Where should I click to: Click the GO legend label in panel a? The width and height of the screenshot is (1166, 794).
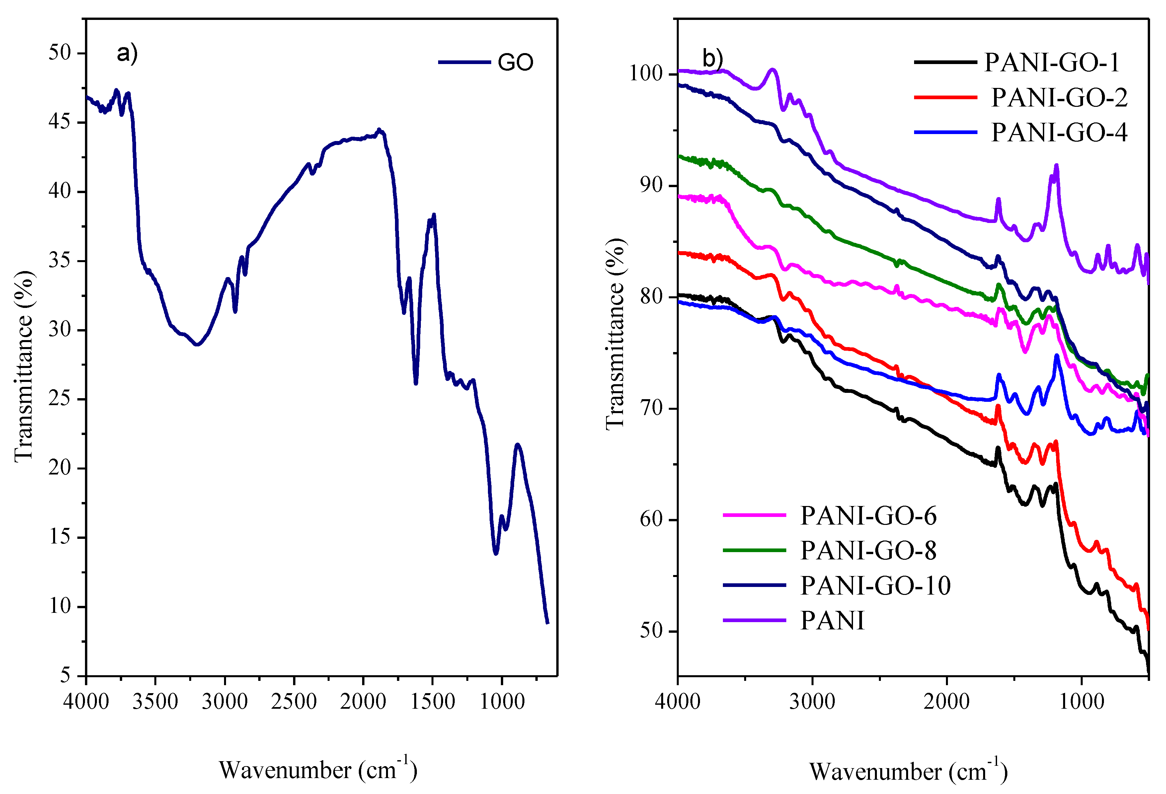(x=515, y=63)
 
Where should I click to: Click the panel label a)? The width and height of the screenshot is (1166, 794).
(x=127, y=53)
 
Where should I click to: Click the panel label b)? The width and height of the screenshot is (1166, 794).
(x=712, y=59)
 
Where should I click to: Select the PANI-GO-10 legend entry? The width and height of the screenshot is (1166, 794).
(x=876, y=585)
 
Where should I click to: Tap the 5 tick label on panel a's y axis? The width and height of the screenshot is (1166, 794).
(x=66, y=675)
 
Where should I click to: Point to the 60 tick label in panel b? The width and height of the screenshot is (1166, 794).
(x=651, y=520)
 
